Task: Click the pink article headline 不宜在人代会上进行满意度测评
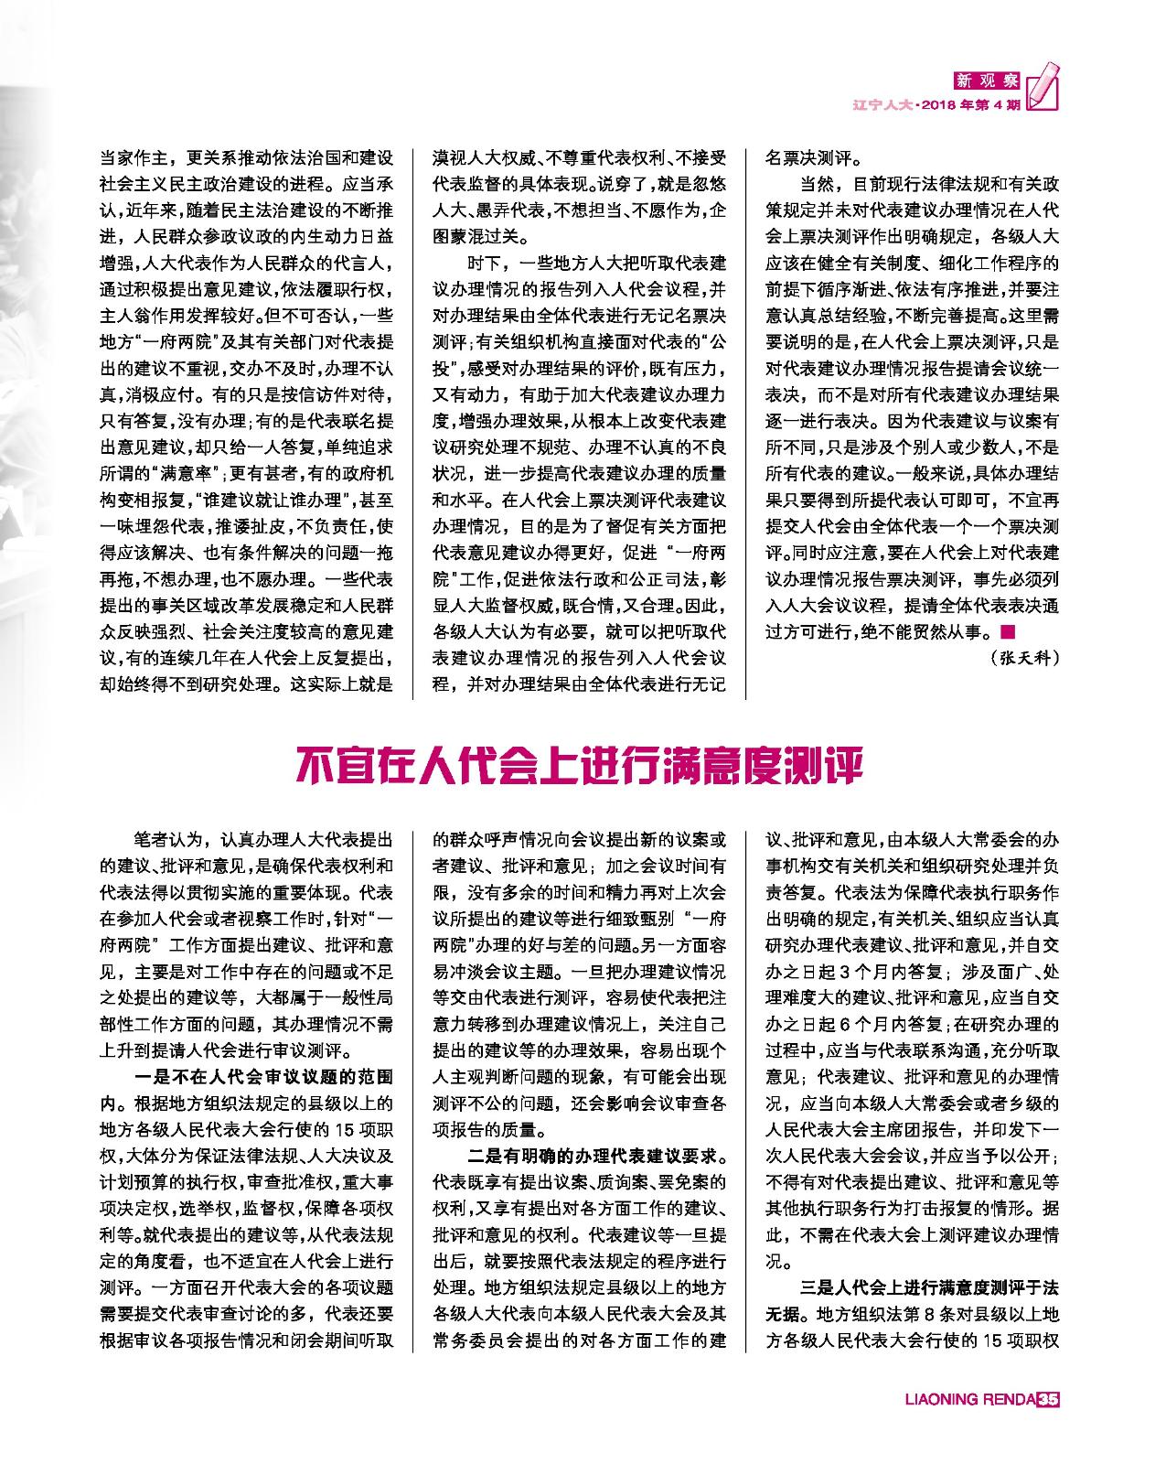[x=578, y=767]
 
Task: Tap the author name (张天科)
[x=1023, y=657]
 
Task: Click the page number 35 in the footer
[x=1048, y=1425]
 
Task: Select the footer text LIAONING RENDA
[x=969, y=1425]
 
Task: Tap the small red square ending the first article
[x=1007, y=630]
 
